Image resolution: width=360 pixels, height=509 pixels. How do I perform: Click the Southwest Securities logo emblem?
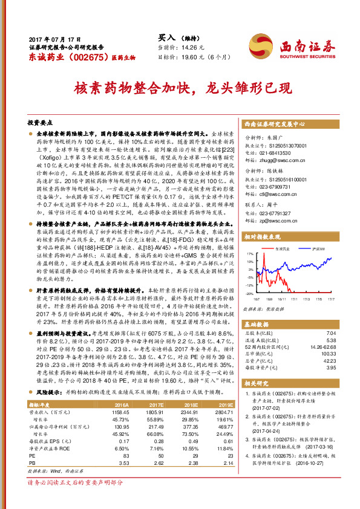click(261, 44)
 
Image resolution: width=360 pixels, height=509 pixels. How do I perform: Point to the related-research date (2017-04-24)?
click(266, 433)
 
